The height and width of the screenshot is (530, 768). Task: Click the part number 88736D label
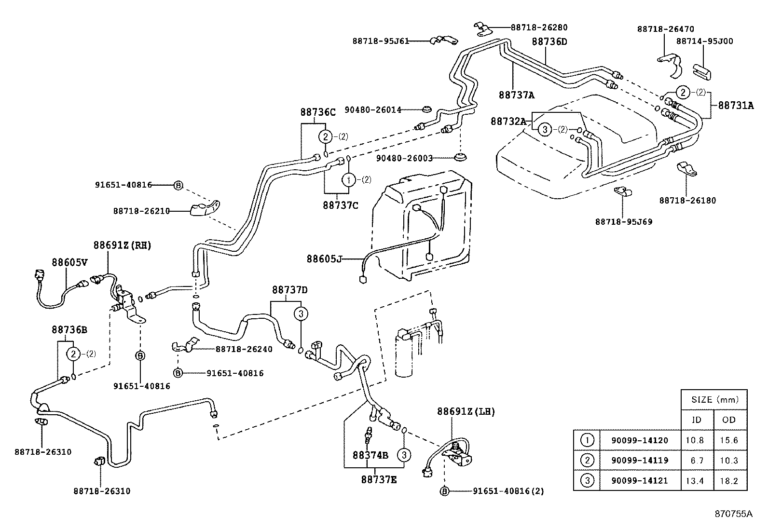pos(549,41)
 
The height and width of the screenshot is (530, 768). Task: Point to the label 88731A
pos(736,105)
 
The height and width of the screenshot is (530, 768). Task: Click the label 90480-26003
pos(404,158)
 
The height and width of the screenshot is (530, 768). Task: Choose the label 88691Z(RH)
pos(122,245)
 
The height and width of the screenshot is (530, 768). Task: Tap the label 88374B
pos(370,455)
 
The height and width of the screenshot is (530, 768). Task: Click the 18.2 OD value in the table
pos(728,481)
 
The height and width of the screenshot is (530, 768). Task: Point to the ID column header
pos(696,420)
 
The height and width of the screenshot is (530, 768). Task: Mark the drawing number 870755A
pos(733,514)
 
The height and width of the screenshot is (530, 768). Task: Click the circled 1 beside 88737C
pos(348,179)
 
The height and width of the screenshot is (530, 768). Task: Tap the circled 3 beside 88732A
pos(544,129)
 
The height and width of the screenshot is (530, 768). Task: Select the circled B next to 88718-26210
pos(178,185)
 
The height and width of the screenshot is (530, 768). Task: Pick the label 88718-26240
pos(244,349)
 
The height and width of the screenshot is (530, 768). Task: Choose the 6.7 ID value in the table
pos(696,461)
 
